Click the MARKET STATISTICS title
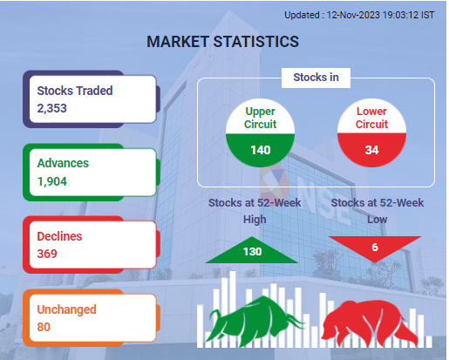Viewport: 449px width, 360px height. coord(222,42)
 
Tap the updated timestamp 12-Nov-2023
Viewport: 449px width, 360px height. coord(353,15)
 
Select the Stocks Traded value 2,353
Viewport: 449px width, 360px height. coord(51,108)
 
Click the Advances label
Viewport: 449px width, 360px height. coord(63,163)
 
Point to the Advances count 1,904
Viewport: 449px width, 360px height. coord(52,181)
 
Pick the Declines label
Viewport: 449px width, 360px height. coord(59,236)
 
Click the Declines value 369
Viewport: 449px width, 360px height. coord(47,254)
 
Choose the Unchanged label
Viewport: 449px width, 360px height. coord(66,309)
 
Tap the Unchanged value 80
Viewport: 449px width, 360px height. coord(44,327)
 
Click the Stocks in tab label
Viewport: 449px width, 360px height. coord(316,78)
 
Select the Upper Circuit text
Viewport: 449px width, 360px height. coord(260,118)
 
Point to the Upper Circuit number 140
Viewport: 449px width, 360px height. coord(261,150)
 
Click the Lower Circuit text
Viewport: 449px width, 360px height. coord(371,118)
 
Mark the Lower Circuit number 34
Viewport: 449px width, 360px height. coord(371,150)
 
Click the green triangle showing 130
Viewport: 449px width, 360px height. coord(252,252)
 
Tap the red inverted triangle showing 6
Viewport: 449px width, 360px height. coord(375,247)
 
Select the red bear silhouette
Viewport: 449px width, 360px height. coord(369,323)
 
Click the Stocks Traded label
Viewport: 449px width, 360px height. coord(75,91)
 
